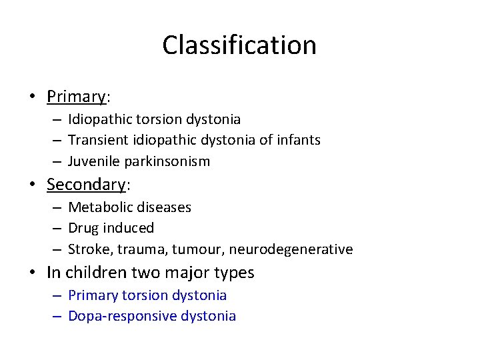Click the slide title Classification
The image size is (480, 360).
[239, 45]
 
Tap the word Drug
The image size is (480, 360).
[83, 228]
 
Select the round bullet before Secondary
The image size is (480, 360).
[33, 185]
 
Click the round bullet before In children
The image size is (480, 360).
[33, 273]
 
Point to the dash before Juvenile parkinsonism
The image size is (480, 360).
[59, 161]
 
